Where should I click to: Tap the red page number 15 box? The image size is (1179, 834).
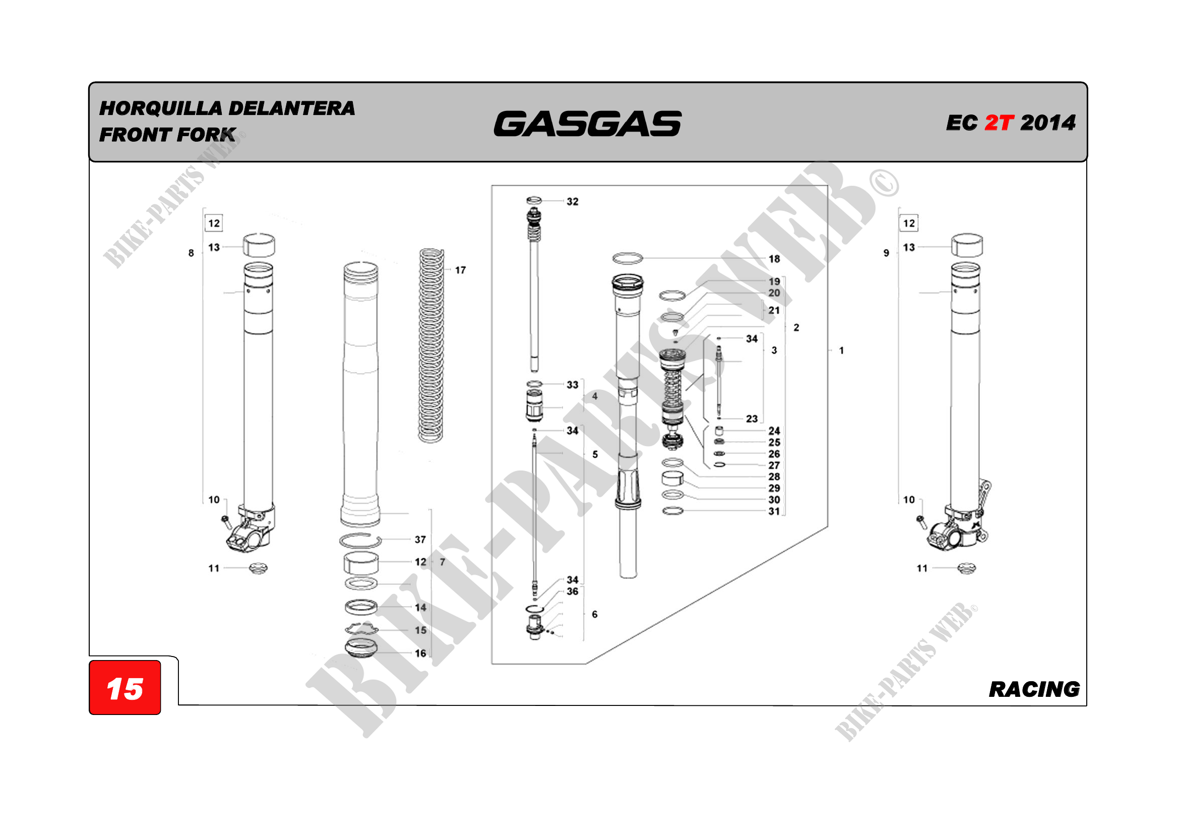pos(125,689)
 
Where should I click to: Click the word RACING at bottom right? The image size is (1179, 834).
pos(1034,689)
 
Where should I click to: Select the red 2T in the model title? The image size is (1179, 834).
pos(998,123)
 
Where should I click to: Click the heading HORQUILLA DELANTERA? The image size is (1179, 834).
pos(227,108)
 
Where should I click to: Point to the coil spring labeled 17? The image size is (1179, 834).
pos(431,345)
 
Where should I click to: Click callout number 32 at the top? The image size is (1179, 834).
pos(572,202)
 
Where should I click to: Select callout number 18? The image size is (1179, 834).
pos(774,259)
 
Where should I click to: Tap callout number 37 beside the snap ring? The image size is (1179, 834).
pos(420,540)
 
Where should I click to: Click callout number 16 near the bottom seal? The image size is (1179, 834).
pos(420,653)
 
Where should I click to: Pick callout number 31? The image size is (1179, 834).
pos(774,511)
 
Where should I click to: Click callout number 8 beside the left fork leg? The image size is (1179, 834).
pos(191,253)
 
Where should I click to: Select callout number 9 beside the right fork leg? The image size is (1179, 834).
pos(886,253)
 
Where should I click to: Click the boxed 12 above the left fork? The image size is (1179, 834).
pos(214,223)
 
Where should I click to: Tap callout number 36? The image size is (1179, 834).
pos(572,591)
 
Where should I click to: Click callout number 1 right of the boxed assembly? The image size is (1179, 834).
pos(841,351)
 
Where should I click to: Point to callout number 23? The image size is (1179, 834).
pos(752,419)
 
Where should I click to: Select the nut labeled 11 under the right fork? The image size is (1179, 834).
pos(966,568)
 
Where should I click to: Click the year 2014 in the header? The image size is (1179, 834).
pos(1047,123)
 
